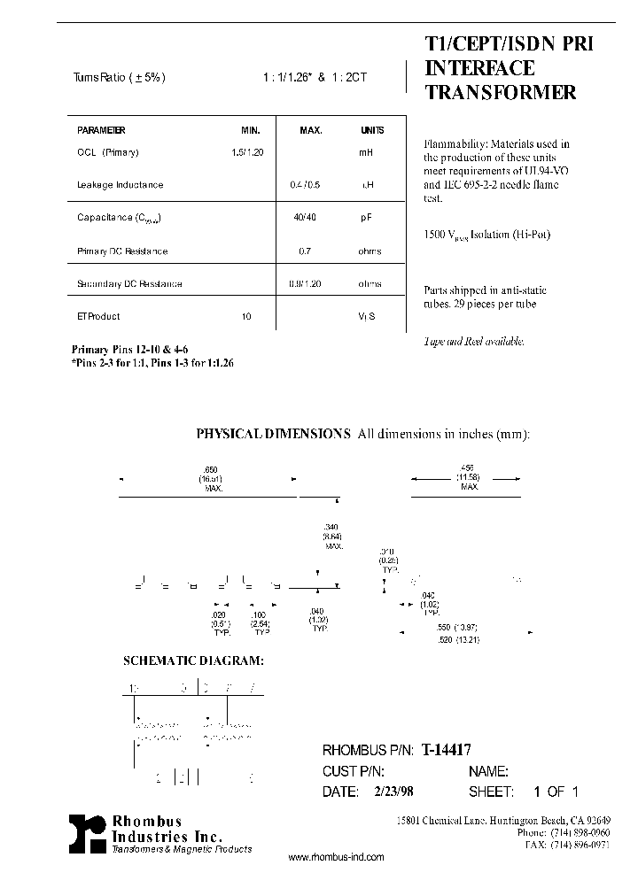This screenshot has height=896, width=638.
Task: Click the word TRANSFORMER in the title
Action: [501, 92]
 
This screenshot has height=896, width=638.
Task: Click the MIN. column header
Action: [252, 130]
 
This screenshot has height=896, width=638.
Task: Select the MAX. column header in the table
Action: [310, 130]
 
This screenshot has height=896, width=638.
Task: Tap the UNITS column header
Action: [372, 130]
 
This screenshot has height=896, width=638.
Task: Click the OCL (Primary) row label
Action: [108, 152]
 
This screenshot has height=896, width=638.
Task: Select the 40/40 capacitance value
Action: [305, 218]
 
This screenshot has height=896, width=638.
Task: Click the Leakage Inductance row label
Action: [121, 185]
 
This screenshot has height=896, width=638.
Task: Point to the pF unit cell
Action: [365, 218]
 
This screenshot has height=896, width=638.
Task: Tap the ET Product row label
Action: [98, 316]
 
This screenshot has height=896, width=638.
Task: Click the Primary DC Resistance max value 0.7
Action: [305, 251]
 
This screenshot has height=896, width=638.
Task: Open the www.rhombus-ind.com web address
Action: [337, 858]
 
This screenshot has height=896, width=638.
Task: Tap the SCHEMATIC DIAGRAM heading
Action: [193, 661]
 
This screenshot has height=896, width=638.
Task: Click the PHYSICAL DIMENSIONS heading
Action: [273, 434]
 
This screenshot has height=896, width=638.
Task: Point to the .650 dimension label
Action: [211, 468]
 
